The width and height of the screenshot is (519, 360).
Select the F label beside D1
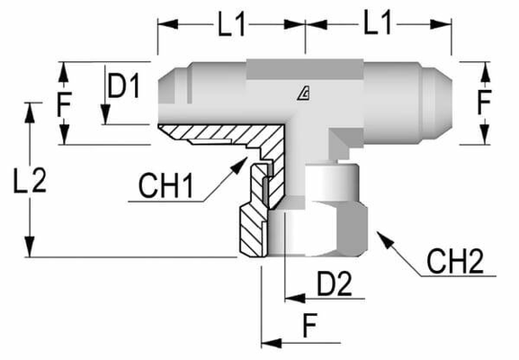(x=64, y=106)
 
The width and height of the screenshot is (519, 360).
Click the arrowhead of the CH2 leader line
(x=380, y=236)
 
